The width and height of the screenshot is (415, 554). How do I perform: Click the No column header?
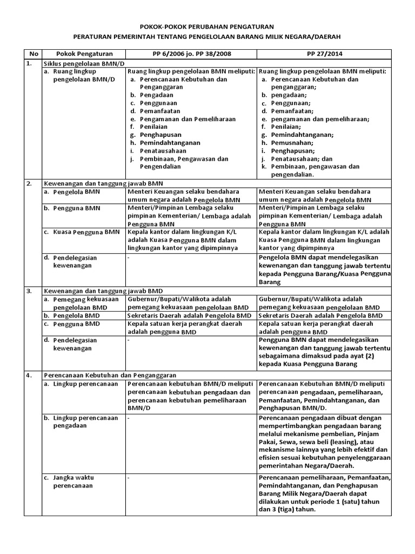(x=33, y=54)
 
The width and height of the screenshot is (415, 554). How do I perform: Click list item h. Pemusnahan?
(x=285, y=143)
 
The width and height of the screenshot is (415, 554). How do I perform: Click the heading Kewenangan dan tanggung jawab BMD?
(x=103, y=291)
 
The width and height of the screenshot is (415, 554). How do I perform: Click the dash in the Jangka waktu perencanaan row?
(x=129, y=478)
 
